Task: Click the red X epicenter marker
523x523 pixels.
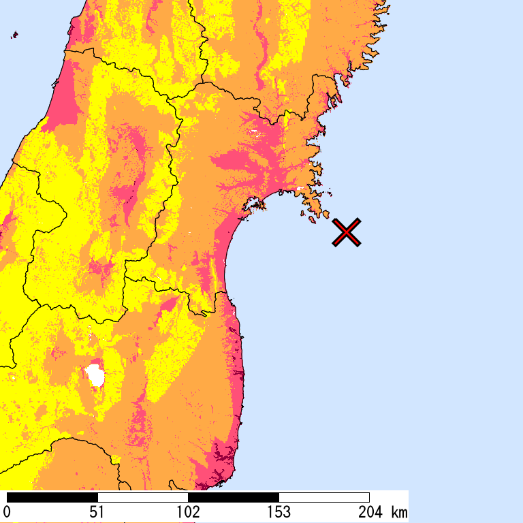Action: coord(347,232)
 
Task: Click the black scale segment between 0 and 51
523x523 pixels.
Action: coord(52,497)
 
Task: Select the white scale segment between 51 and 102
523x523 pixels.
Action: coord(143,497)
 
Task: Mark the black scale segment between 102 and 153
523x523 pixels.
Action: coord(234,497)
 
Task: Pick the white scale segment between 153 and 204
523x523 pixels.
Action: coord(324,497)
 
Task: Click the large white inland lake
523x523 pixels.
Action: coord(95,375)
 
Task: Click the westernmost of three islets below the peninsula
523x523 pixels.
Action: coord(303,214)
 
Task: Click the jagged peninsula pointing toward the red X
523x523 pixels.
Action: coord(317,200)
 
